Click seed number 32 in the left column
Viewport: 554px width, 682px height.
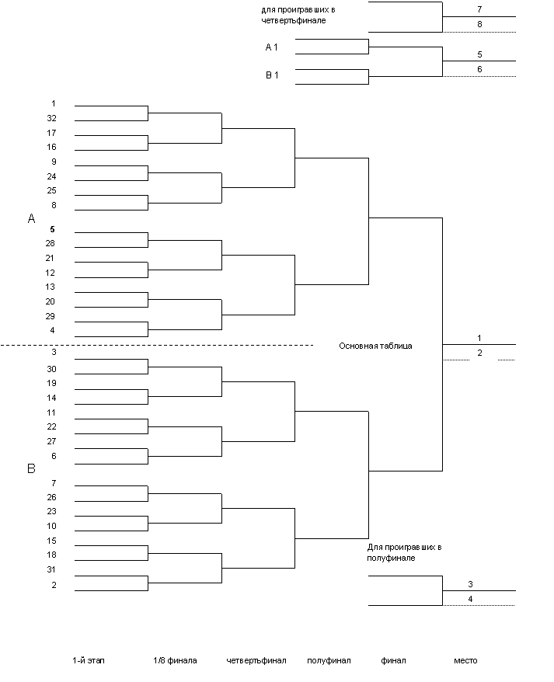[x=51, y=118]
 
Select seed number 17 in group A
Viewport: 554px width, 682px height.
[x=51, y=133]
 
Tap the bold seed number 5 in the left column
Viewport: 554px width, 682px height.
[x=52, y=230]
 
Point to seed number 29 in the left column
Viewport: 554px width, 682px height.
[x=51, y=316]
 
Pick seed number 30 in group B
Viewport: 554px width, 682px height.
[x=51, y=369]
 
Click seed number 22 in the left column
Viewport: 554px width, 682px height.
[x=51, y=426]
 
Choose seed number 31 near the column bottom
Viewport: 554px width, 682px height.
[x=51, y=569]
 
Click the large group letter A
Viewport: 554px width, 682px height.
[x=32, y=219]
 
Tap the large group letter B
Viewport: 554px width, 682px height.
[x=32, y=469]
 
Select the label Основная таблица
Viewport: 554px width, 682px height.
[x=377, y=346]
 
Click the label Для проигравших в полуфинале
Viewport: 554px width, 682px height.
[x=404, y=552]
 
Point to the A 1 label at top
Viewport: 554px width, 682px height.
[x=272, y=47]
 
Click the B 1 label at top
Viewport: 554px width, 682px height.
[x=272, y=75]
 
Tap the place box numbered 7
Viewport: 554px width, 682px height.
[x=481, y=9]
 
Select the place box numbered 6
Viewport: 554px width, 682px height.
[x=481, y=69]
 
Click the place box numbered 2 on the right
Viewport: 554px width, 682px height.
[x=480, y=353]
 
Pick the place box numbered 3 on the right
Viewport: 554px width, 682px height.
[x=471, y=584]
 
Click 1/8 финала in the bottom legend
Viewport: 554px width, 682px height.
[x=175, y=660]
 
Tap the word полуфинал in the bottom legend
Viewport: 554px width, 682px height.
[x=329, y=660]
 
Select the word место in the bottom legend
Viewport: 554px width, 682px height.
[x=465, y=660]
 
